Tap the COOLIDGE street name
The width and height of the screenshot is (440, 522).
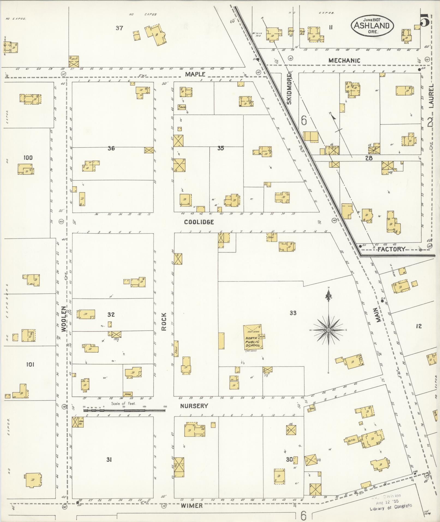click(199, 222)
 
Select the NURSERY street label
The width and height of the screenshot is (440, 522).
click(194, 406)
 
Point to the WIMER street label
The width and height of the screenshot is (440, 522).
click(192, 506)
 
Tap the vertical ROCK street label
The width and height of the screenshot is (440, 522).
click(164, 322)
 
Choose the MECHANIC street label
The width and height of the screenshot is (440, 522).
click(344, 60)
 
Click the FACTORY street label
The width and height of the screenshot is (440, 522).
click(391, 249)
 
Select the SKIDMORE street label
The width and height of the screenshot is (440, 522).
click(289, 90)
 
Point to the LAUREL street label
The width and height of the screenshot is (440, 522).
click(431, 96)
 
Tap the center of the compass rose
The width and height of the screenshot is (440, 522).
click(328, 330)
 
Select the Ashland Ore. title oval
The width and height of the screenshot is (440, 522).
click(372, 26)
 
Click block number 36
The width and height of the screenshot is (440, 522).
click(111, 148)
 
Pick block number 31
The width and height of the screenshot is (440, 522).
click(109, 460)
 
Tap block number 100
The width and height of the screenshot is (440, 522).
click(28, 157)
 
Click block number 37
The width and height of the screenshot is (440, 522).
click(119, 28)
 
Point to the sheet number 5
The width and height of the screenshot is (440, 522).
click(425, 20)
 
